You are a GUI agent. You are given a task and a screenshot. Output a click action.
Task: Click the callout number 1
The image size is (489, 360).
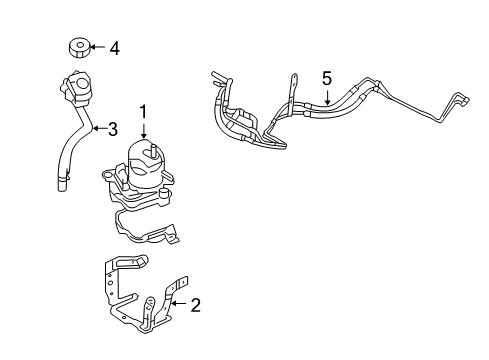144,112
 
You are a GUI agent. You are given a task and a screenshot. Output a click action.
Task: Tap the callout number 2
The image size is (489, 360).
195,305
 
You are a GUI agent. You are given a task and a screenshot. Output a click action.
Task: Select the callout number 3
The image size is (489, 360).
113,128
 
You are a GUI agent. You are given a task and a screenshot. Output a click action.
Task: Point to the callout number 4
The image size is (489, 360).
115,47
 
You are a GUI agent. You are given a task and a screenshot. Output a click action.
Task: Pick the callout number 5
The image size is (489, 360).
325,75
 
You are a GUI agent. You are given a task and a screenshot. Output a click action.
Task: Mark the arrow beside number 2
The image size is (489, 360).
178,305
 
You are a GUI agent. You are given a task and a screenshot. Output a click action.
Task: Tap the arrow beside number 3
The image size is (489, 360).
96,128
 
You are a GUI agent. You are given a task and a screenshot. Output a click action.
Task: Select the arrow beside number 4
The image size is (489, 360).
96,47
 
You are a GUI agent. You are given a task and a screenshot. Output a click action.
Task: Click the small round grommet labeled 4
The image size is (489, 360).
76,47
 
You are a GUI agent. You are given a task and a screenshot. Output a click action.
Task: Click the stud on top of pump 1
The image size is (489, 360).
156,149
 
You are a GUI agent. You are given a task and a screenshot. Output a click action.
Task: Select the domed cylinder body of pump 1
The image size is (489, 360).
145,168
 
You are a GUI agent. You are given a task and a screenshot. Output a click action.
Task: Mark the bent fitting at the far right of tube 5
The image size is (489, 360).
462,104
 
